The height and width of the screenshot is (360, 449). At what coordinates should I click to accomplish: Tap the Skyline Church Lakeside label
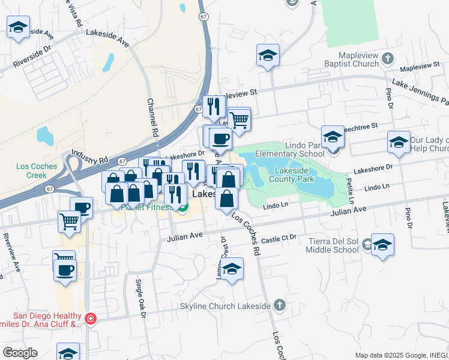pyautogui.click(x=226, y=306)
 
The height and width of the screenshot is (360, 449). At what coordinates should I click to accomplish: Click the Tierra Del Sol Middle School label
pyautogui.click(x=333, y=245)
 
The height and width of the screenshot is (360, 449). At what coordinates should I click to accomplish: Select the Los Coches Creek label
pyautogui.click(x=37, y=170)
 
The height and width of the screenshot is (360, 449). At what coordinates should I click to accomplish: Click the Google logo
pyautogui.click(x=20, y=353)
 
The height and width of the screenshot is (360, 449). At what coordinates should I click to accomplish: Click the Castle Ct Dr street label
pyautogui.click(x=279, y=238)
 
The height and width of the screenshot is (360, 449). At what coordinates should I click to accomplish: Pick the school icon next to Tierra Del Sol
pyautogui.click(x=382, y=245)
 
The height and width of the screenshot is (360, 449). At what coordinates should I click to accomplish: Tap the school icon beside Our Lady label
pyautogui.click(x=399, y=142)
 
